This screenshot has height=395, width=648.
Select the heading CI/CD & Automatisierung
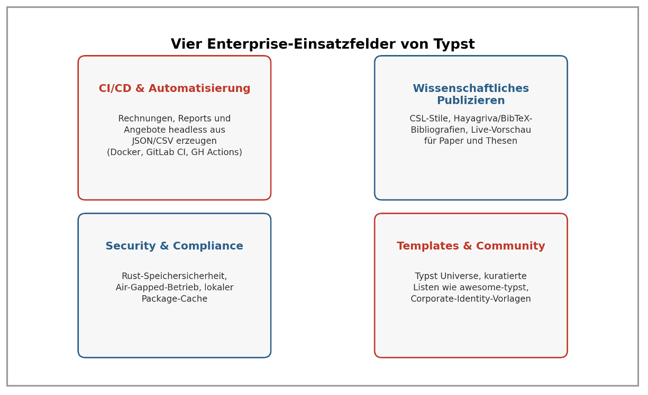point(175,88)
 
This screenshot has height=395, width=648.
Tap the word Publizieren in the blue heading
point(471,100)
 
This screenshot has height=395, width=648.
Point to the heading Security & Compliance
point(175,246)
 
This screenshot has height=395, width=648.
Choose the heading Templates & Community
point(471,246)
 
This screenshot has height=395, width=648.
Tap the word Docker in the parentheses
point(127,152)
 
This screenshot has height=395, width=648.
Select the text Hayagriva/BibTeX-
point(493,118)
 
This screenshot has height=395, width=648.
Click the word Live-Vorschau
point(501,130)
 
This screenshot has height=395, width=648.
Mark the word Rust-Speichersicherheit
point(175,276)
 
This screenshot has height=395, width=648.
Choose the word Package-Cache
point(175,299)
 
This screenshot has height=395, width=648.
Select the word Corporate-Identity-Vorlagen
point(471,299)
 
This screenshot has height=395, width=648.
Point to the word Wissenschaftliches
point(471,88)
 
